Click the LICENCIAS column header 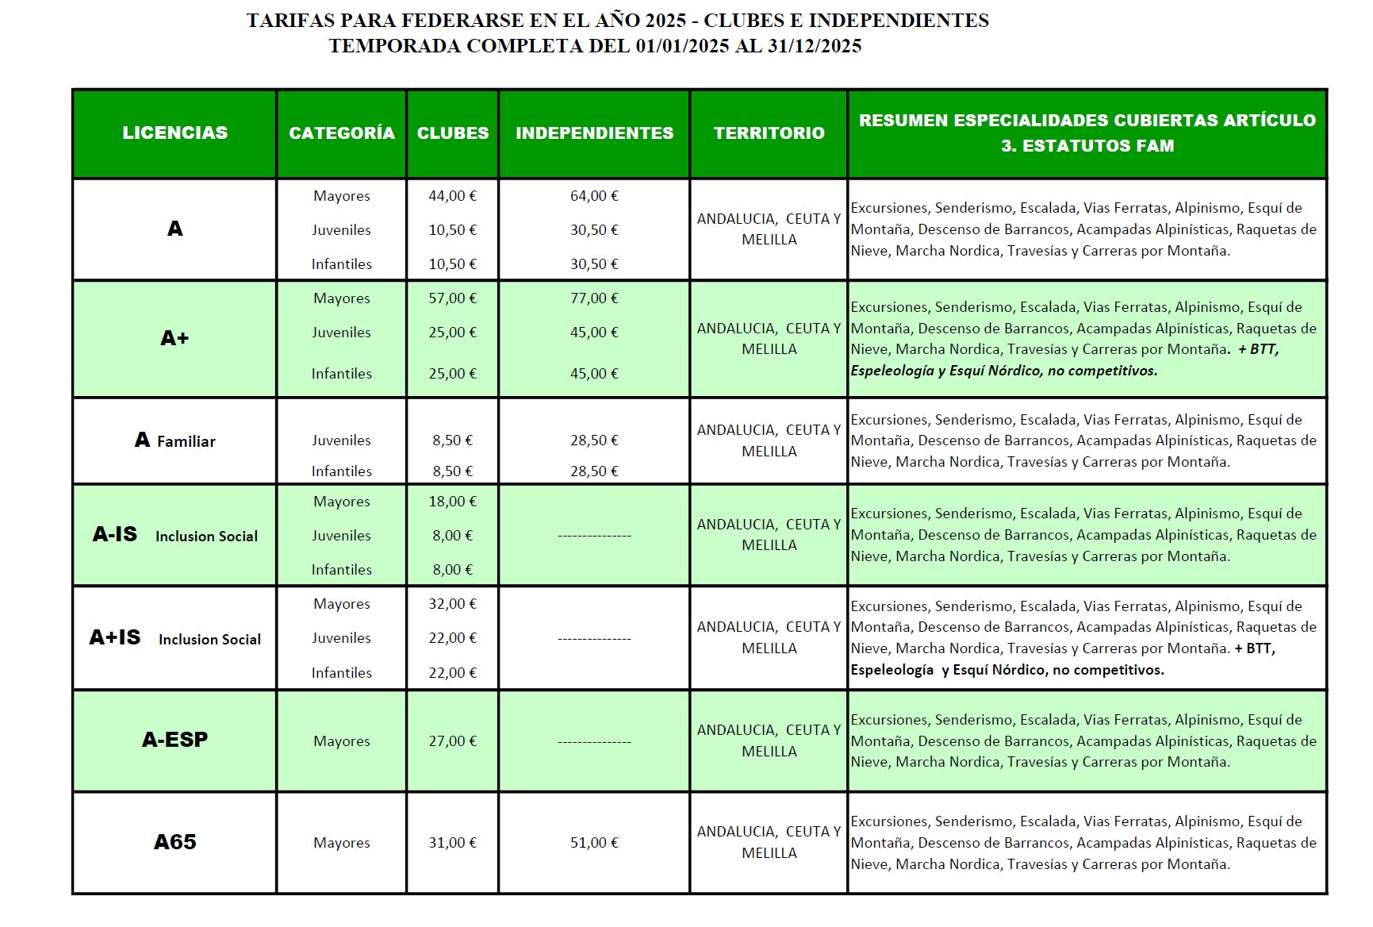pyautogui.click(x=175, y=133)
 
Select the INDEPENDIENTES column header pyautogui.click(x=594, y=133)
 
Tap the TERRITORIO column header pyautogui.click(x=769, y=133)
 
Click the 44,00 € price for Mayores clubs pyautogui.click(x=452, y=196)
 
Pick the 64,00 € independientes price pyautogui.click(x=594, y=196)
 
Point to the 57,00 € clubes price pyautogui.click(x=452, y=298)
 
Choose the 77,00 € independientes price pyautogui.click(x=594, y=298)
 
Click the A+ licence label pyautogui.click(x=175, y=338)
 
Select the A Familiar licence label pyautogui.click(x=175, y=440)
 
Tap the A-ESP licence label pyautogui.click(x=175, y=740)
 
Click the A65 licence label pyautogui.click(x=175, y=842)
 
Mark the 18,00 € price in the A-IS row pyautogui.click(x=452, y=502)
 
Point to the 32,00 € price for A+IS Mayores pyautogui.click(x=452, y=604)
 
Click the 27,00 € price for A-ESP pyautogui.click(x=452, y=741)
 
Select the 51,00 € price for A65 pyautogui.click(x=594, y=843)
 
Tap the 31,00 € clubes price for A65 pyautogui.click(x=452, y=843)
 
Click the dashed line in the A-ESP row pyautogui.click(x=594, y=742)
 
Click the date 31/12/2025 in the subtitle pyautogui.click(x=814, y=46)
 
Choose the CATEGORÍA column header pyautogui.click(x=341, y=133)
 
